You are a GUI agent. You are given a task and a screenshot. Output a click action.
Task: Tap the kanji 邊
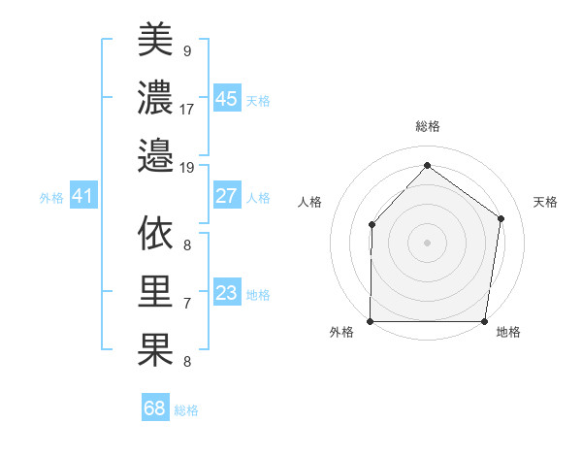click(155, 155)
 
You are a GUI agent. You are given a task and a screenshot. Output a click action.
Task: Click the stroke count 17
click(187, 110)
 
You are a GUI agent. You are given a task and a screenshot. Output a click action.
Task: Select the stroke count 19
click(187, 168)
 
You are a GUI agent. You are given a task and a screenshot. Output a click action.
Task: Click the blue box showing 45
click(226, 99)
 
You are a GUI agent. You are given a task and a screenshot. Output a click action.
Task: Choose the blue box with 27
click(226, 196)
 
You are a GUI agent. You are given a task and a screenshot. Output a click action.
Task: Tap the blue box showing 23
click(226, 293)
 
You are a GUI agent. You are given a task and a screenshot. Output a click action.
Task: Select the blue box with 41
click(82, 197)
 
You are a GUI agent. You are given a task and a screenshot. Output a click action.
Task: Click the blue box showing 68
click(155, 408)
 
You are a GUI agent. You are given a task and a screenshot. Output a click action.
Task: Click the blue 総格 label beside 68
click(186, 410)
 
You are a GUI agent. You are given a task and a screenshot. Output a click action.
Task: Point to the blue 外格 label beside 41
click(51, 198)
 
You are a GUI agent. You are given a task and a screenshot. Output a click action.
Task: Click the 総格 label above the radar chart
click(427, 126)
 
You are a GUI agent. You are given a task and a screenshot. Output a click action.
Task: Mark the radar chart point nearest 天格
click(501, 218)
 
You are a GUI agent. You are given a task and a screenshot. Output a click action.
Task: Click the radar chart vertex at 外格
click(371, 321)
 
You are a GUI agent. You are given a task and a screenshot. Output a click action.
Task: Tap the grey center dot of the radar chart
click(427, 243)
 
